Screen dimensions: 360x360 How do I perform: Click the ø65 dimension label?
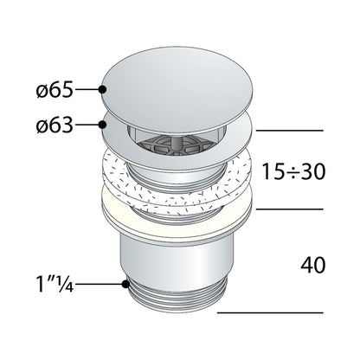[x=55, y=90]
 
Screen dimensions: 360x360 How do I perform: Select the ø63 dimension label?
[x=55, y=125]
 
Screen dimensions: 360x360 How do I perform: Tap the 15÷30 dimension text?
[x=293, y=171]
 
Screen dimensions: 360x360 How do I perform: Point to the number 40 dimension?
[x=313, y=266]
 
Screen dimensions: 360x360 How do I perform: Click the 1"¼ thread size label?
[x=55, y=284]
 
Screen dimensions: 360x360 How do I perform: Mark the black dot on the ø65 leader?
[x=102, y=90]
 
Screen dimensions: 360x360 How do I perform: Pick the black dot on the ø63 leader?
[x=102, y=125]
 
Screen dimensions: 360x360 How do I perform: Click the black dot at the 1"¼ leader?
[x=125, y=284]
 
